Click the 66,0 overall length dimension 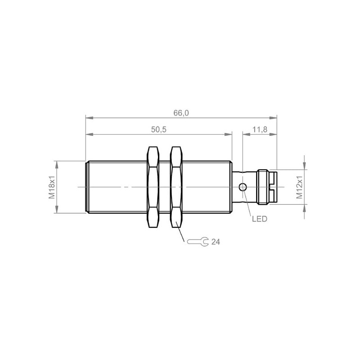(x=181, y=113)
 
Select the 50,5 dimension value (x=158, y=130)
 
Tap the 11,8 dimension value (x=260, y=130)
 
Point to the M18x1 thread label (x=52, y=187)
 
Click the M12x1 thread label (x=299, y=187)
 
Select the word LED (x=260, y=219)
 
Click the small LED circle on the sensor (x=243, y=187)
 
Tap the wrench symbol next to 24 (x=198, y=242)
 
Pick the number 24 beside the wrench (x=216, y=242)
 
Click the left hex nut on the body (x=153, y=187)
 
